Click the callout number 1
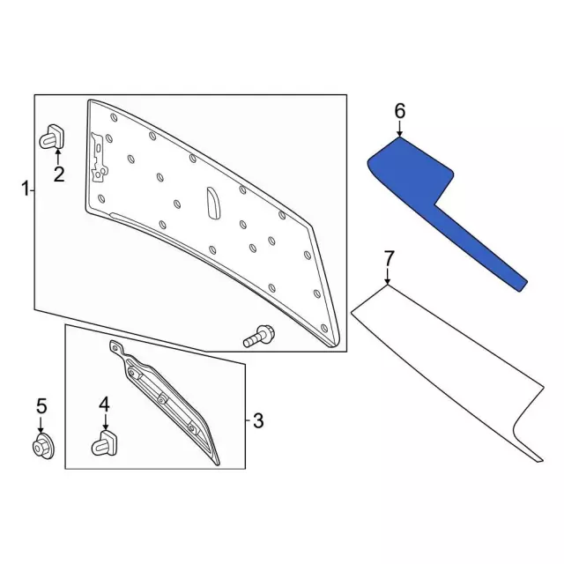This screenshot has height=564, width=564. coord(26,189)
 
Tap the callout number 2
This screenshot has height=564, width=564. coord(59,174)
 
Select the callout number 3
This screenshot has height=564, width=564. coord(258,420)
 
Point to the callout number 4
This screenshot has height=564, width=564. coord(104,404)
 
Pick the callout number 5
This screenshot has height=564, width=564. coord(41,406)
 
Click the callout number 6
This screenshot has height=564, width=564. coord(400,111)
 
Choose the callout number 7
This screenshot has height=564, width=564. coord(389,258)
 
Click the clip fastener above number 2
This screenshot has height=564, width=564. coord(52,137)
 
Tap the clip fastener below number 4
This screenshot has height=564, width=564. coord(106,443)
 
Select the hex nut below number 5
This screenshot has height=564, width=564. coord(42,447)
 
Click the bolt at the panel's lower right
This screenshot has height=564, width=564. coord(258,336)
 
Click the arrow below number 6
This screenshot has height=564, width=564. coord(399,129)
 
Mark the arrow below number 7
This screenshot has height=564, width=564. coord(388,276)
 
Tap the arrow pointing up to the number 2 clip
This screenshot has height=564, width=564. coord(57,157)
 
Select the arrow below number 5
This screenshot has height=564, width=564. coord(41,425)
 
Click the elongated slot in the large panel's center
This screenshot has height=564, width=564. coord(213,203)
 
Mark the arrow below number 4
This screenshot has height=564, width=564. coord(106,422)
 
